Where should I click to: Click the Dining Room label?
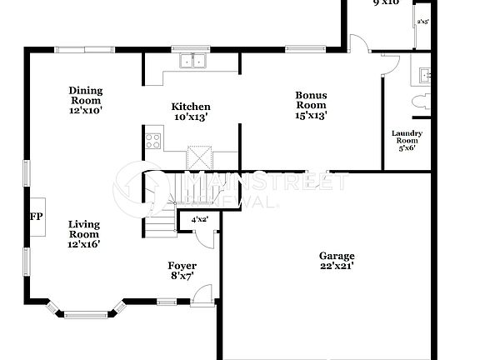(86, 95)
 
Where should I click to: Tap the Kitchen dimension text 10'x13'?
(191, 117)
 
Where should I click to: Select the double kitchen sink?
(193, 61)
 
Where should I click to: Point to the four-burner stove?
(152, 141)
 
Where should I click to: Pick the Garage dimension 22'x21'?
(337, 266)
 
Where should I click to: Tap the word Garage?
(337, 256)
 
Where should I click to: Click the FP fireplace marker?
(36, 217)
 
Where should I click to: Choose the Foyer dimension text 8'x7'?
(183, 276)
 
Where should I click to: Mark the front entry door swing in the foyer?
(202, 294)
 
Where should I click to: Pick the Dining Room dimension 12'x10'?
(86, 110)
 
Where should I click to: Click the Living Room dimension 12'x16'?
(84, 244)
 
